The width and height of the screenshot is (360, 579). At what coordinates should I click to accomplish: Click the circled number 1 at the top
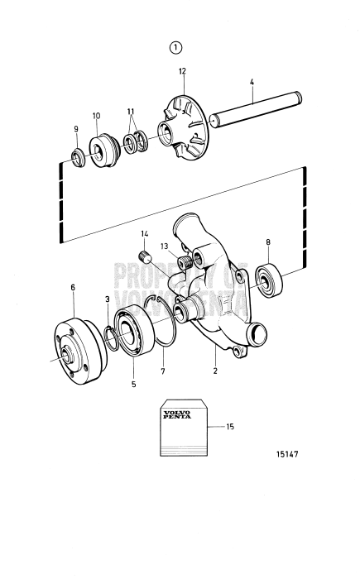click(x=176, y=47)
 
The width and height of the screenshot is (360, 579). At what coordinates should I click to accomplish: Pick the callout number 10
click(x=96, y=116)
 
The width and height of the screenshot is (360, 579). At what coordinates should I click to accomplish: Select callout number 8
click(x=267, y=242)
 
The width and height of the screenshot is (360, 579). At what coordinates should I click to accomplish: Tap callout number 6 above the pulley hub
click(x=73, y=287)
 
